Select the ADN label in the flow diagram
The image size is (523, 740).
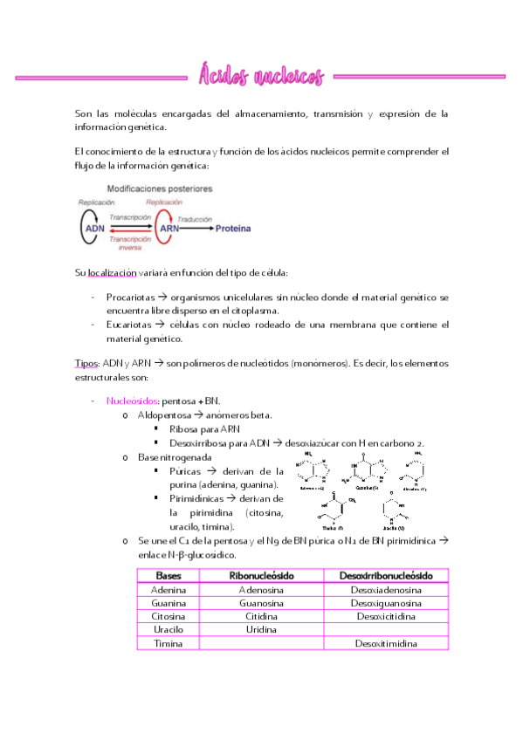tap(95, 229)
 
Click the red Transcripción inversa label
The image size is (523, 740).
tap(131, 242)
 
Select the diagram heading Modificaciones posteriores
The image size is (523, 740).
tap(159, 188)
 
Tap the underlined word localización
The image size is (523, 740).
tap(118, 273)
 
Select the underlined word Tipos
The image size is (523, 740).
tap(86, 363)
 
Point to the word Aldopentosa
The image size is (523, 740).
tap(163, 415)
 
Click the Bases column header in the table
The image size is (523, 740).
tap(169, 576)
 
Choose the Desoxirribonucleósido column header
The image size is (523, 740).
tap(385, 576)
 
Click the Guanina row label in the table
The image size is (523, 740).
tap(169, 603)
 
